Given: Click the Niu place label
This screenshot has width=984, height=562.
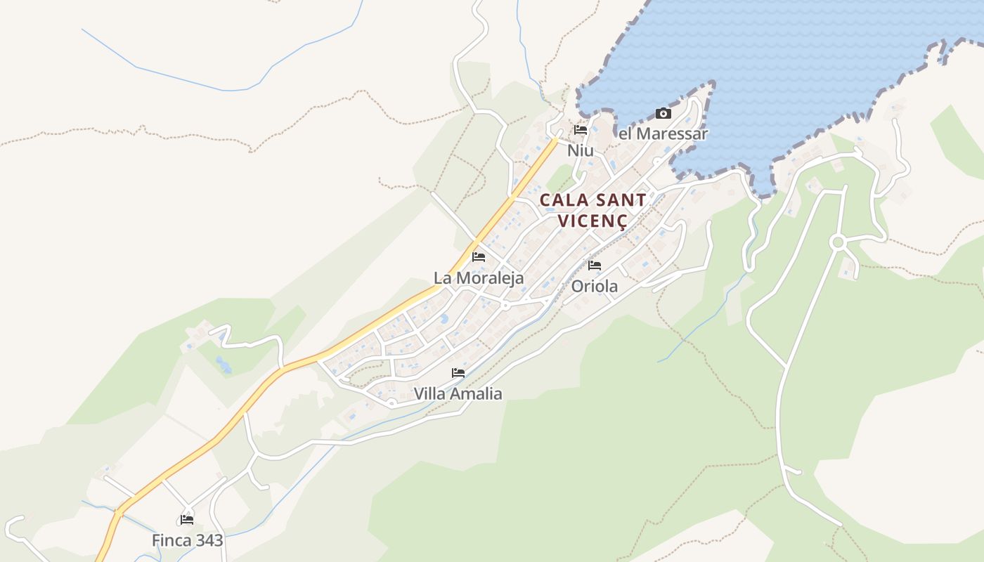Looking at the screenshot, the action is click(x=581, y=150).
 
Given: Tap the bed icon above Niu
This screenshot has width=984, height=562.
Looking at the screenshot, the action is click(x=581, y=130).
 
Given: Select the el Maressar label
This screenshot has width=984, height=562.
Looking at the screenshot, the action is click(x=663, y=133).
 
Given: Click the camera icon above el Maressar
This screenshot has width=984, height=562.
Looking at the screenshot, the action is click(x=663, y=113).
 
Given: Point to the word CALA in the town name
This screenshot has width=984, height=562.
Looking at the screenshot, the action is click(x=563, y=200).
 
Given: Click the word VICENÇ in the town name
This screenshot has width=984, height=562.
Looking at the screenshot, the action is click(x=592, y=221).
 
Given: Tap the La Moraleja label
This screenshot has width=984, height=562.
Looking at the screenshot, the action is click(x=479, y=277).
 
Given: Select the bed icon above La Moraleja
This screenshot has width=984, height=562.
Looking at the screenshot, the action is click(x=479, y=257).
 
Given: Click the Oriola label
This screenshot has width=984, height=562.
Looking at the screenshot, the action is click(x=595, y=286).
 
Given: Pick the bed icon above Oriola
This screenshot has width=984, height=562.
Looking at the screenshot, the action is click(x=595, y=266).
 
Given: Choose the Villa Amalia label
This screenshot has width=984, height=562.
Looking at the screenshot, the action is click(x=458, y=393).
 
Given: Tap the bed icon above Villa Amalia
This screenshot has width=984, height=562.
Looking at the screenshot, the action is click(x=458, y=373).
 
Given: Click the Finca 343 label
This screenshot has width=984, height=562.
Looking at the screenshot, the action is click(x=187, y=540).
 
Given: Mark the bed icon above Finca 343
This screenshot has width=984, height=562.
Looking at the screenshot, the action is click(x=187, y=520).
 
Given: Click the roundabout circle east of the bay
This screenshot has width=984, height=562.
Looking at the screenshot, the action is click(x=836, y=242).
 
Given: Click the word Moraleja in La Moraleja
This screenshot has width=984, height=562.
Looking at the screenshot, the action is click(x=490, y=277).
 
